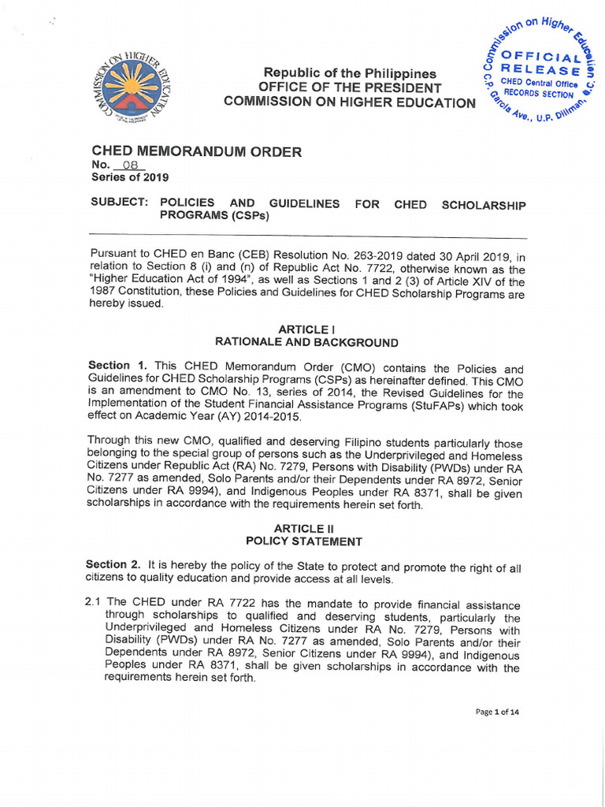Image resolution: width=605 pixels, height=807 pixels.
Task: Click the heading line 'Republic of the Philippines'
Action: [349, 73]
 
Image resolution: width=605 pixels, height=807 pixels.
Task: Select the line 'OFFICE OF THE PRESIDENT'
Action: [350, 87]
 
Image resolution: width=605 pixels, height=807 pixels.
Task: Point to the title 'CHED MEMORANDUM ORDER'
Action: [196, 151]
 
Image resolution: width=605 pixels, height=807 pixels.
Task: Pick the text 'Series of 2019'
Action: [130, 178]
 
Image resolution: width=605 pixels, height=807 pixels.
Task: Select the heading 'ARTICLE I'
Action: [302, 329]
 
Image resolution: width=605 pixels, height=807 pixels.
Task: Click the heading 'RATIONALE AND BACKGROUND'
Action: [306, 342]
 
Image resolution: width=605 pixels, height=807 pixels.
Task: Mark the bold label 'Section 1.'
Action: [120, 366]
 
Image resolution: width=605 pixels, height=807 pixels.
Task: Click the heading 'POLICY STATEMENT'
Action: [304, 541]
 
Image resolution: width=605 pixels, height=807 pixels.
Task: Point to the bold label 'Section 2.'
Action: [115, 564]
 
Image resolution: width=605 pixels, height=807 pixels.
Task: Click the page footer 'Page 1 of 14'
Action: [497, 712]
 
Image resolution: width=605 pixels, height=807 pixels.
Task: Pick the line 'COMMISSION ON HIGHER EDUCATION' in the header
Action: [350, 102]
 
